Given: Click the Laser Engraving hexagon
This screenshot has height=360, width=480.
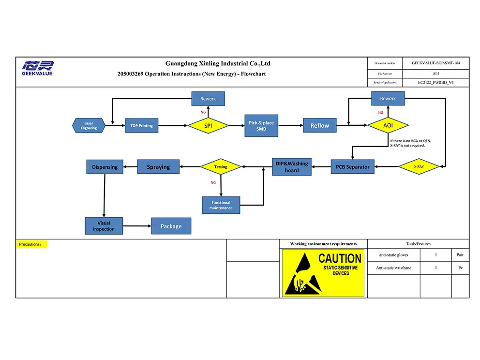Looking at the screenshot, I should [89, 126].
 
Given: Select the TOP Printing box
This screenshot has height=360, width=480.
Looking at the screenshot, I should [141, 126].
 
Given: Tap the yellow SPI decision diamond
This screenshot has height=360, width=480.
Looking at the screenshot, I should [208, 126].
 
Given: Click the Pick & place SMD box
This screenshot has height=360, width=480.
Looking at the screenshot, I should [261, 126].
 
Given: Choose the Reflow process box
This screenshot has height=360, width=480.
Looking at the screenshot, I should [319, 126].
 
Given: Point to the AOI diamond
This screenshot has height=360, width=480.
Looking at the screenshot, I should [388, 125].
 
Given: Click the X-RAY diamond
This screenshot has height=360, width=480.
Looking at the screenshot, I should [419, 166].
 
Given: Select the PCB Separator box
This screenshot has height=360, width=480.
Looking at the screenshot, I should [352, 167].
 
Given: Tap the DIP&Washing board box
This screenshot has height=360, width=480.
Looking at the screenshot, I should [292, 167].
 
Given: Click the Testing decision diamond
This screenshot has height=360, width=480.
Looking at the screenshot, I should [221, 167].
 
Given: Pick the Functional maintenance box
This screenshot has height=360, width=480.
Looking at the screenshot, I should [221, 205].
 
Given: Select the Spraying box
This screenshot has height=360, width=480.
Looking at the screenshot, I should [158, 167].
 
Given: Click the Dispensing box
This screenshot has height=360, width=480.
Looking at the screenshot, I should [105, 167].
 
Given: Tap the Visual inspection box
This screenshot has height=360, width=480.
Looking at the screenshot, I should [104, 226].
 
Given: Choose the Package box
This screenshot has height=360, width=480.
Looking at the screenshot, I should [171, 226].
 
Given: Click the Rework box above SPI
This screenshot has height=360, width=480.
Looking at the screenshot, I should [208, 99].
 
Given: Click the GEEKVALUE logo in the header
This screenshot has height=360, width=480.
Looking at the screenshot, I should [37, 68].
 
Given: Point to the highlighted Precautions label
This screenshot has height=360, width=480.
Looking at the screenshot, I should [32, 244].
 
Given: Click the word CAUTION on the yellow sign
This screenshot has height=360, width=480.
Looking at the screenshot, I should [340, 258].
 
